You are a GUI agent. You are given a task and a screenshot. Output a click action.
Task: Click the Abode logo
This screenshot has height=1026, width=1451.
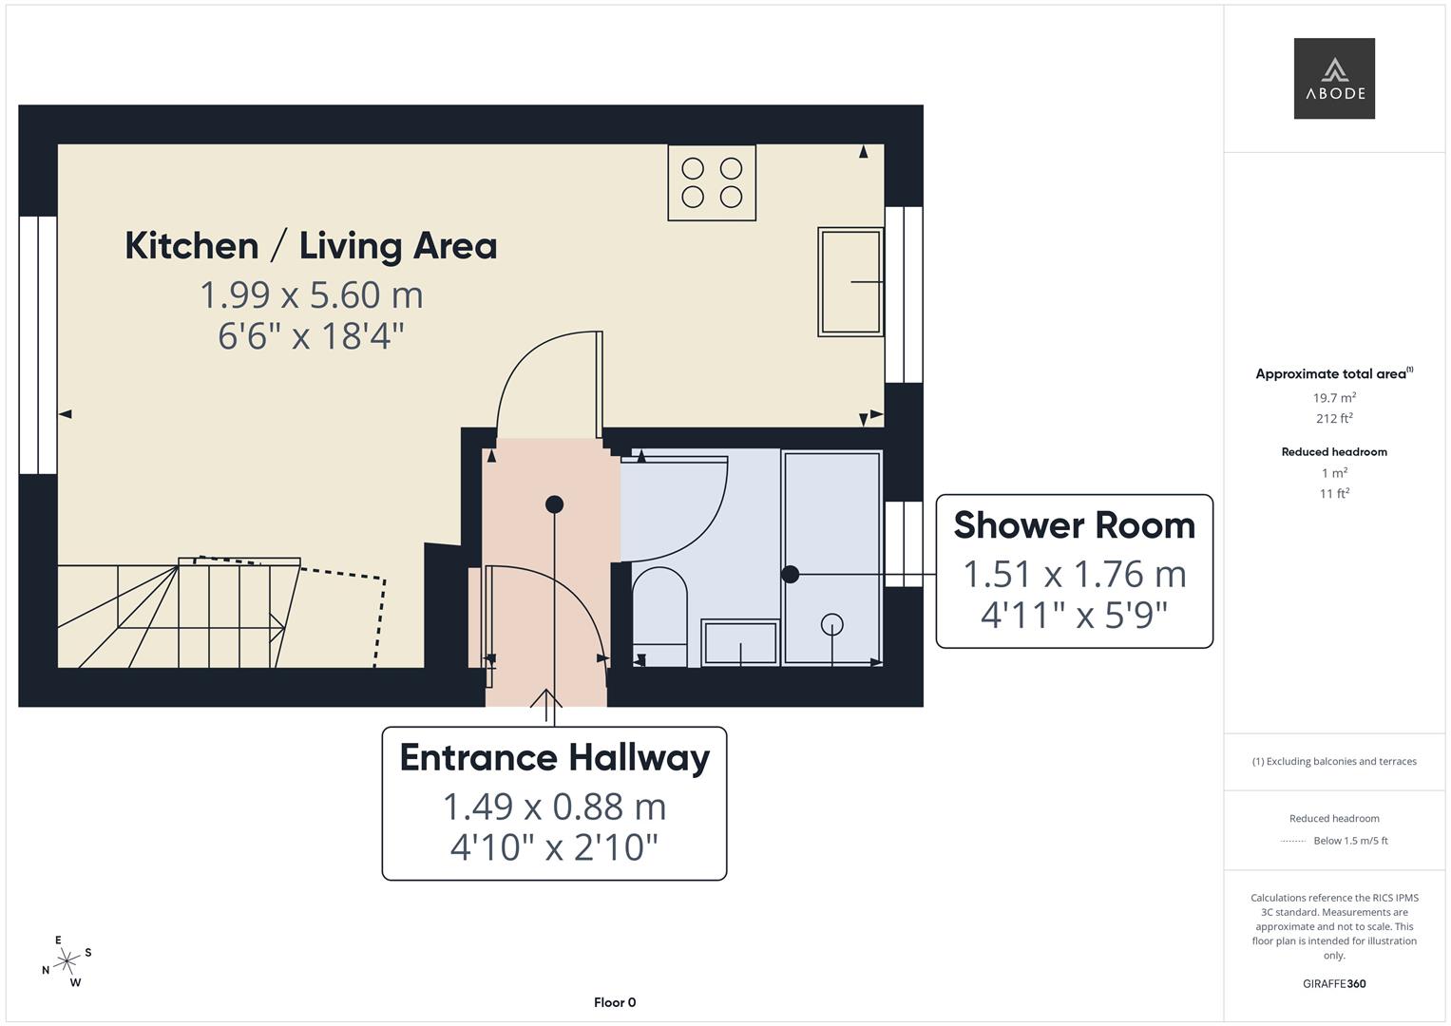pos(1333,78)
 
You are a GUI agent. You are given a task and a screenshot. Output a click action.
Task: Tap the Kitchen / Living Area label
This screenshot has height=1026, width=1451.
pos(311,245)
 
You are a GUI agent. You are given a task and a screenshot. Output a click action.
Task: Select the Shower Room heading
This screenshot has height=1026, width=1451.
pos(1074,525)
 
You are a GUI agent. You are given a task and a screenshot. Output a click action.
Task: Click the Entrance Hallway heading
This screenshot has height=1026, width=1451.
pos(554,757)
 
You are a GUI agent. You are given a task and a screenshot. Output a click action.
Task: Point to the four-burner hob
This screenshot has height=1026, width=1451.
pos(712,182)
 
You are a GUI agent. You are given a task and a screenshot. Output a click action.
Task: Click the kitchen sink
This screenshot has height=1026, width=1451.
pos(850,281)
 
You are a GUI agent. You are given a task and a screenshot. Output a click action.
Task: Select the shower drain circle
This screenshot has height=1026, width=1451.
pos(832,624)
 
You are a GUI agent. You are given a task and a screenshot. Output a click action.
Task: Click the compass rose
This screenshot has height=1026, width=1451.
pos(67,961)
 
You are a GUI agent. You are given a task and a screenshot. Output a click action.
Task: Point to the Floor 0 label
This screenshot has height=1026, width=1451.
pos(615,1002)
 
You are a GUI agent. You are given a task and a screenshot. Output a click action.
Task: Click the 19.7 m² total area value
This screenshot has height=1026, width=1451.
pos(1334,398)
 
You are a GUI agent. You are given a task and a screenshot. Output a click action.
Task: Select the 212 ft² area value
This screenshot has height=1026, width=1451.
pos(1334,418)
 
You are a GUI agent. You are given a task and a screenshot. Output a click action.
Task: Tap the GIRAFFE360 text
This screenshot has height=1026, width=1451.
pos(1334,983)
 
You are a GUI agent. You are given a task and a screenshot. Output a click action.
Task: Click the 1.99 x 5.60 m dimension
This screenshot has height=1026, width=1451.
pos(311,294)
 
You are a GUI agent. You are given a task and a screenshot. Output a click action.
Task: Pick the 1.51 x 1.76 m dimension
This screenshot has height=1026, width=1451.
pos(1074,574)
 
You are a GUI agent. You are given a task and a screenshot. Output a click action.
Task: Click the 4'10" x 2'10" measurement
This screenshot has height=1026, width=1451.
pos(554,846)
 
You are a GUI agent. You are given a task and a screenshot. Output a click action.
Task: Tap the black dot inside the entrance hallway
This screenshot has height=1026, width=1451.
pos(554,504)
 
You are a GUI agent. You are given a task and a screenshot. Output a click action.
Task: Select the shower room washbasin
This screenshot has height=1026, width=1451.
pos(739,643)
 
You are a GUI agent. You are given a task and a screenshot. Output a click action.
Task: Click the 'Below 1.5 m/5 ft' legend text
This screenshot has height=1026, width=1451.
pos(1350,841)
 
